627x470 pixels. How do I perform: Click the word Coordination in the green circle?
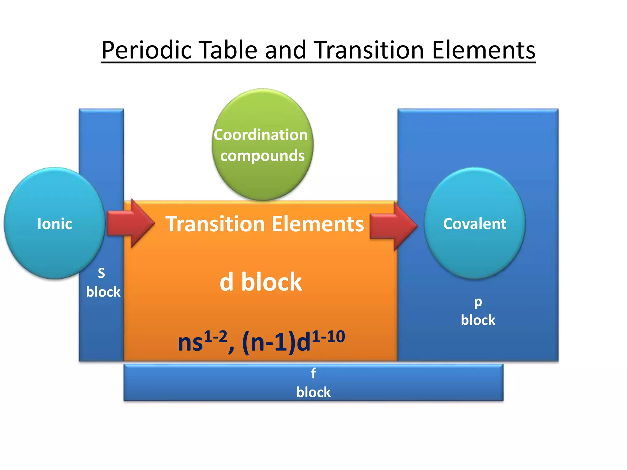261,135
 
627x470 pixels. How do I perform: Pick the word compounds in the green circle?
262,156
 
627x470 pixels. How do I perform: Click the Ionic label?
54,224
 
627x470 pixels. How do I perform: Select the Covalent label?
475,224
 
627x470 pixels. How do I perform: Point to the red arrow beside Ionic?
130,223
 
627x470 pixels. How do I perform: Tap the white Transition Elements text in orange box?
265,224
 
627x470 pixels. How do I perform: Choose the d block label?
261,282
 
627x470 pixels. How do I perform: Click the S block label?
103,283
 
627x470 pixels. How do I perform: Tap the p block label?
478,311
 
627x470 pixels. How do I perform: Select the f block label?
313,383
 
